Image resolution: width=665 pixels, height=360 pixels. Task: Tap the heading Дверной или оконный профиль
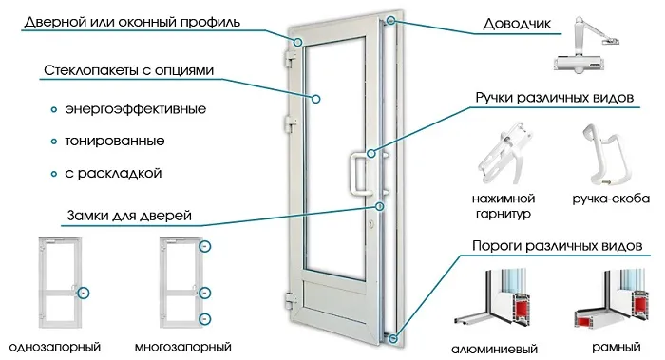[133, 21]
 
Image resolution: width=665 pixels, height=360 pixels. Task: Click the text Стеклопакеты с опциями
[128, 71]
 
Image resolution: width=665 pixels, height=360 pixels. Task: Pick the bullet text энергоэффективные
[135, 107]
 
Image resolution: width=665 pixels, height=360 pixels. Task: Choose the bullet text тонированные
[115, 141]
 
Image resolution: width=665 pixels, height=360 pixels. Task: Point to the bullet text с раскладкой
[114, 174]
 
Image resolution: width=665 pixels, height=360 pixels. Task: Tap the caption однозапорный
[53, 345]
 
